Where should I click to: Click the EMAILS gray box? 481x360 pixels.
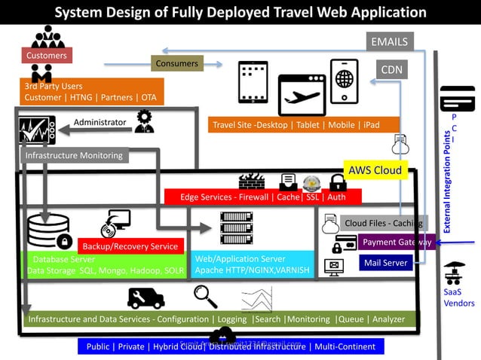pos(389,42)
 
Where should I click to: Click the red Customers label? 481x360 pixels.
pos(46,55)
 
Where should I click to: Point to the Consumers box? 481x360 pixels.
pos(176,64)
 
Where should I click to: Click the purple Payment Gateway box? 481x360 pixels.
pos(395,243)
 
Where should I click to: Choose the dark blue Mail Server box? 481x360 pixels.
pos(385,263)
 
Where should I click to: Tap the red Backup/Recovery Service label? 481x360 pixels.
pos(130,246)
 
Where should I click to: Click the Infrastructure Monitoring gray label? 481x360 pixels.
pos(74,156)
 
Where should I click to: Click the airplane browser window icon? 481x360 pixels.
pos(301,94)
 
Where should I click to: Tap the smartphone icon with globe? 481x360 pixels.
pos(344,81)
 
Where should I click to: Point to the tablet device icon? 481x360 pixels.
pos(253,82)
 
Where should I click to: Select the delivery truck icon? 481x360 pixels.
pos(146,298)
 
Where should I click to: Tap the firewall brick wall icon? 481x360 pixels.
pos(251,181)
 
